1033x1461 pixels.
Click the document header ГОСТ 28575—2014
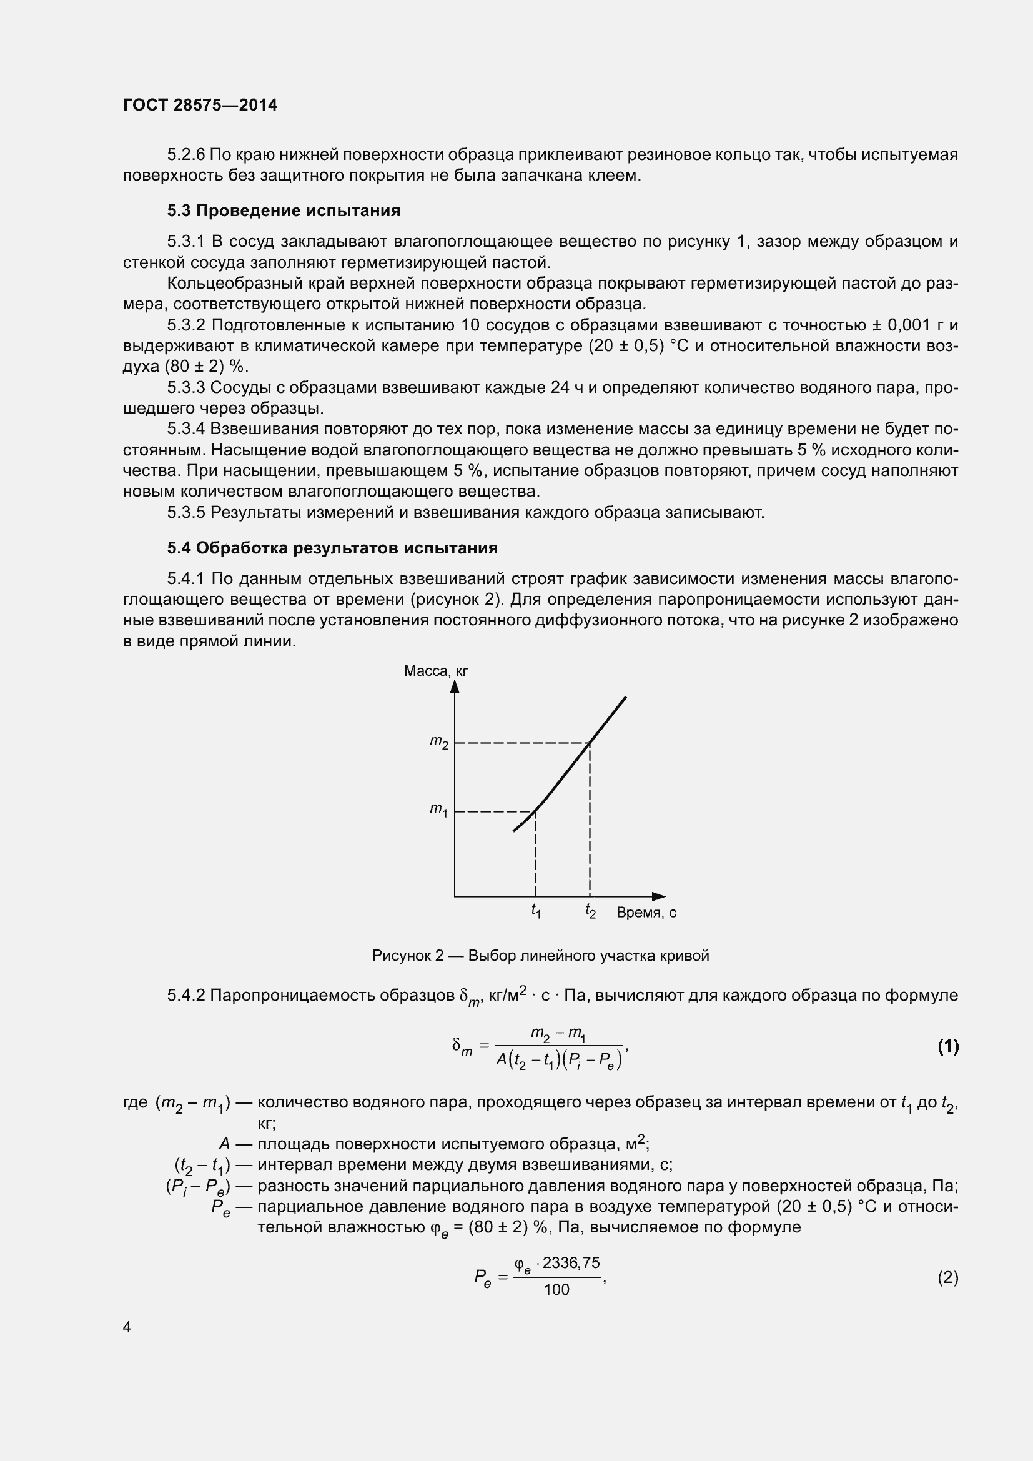(200, 106)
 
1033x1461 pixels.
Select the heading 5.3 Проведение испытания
(284, 210)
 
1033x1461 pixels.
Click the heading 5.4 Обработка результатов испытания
(332, 548)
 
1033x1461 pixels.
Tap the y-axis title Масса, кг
(436, 671)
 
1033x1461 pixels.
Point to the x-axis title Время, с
(646, 913)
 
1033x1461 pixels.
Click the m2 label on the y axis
(439, 742)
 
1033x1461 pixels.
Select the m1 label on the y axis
(439, 810)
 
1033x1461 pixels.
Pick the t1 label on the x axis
(536, 911)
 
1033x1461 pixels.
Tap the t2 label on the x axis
(590, 911)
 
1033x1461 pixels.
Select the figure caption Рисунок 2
(540, 956)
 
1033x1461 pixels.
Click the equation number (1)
(948, 1046)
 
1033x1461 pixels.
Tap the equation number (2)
(948, 1278)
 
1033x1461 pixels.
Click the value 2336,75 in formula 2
(571, 1263)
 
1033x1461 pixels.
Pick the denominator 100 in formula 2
(557, 1290)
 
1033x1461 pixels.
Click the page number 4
(127, 1327)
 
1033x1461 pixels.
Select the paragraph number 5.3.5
(186, 512)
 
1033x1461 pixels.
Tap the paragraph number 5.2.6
(186, 155)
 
